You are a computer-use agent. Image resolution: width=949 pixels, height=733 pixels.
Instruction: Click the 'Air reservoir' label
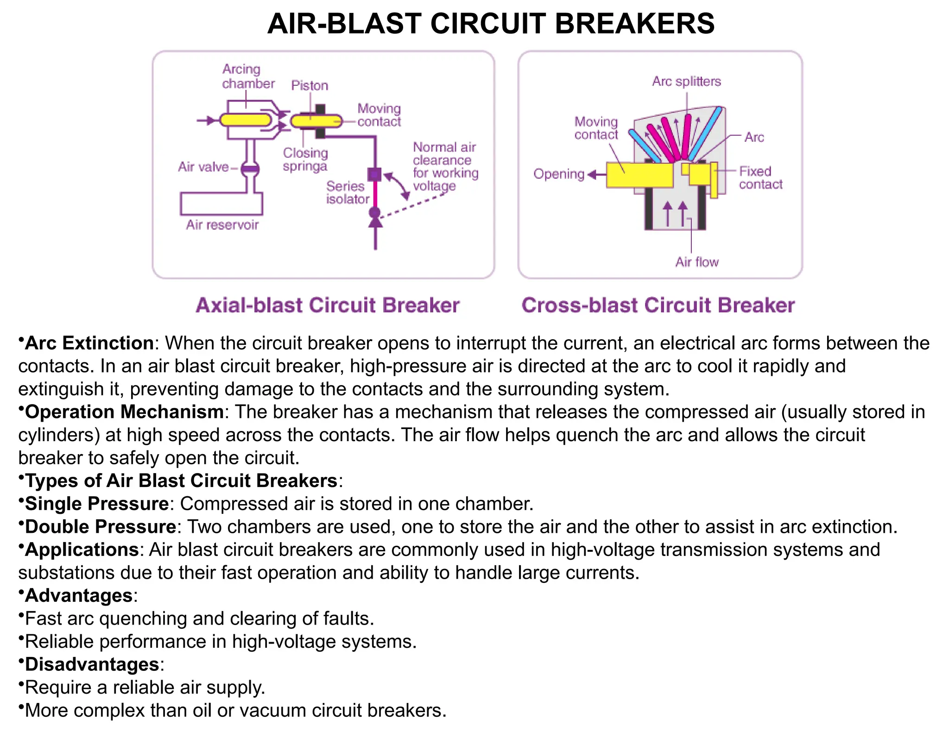coord(222,225)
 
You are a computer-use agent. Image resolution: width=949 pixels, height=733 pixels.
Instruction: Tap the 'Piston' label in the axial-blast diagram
coord(310,86)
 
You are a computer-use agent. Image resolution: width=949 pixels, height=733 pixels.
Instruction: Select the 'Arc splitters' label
coord(686,82)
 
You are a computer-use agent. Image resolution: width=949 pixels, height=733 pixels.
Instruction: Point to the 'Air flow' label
coord(697,262)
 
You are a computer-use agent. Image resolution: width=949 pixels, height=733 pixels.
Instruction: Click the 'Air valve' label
coord(203,167)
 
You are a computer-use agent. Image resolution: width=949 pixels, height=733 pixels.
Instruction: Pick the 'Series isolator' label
coord(347,193)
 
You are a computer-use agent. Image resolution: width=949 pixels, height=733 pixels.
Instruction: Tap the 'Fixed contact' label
coord(760,178)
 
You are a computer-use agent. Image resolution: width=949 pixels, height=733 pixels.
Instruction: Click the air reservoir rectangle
coord(221,203)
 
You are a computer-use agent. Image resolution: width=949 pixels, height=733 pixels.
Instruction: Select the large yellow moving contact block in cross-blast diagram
coord(639,175)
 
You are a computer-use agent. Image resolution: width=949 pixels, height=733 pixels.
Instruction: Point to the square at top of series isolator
coord(374,174)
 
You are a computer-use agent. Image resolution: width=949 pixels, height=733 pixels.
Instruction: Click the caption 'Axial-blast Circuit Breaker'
coord(328,305)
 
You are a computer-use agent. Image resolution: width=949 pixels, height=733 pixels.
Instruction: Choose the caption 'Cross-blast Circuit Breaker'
coord(658,305)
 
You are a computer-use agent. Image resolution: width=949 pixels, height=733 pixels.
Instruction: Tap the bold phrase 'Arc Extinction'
coord(89,343)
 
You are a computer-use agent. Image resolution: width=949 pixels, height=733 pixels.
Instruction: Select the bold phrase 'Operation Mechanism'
coord(125,412)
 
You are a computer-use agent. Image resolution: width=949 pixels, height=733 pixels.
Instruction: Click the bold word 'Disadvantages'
coord(92,664)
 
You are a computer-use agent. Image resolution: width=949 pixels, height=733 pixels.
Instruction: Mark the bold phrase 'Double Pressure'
coord(101,527)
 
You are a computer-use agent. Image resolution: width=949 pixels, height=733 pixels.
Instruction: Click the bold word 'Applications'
coord(82,550)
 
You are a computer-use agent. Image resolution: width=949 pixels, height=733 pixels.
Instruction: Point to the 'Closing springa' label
coord(305,159)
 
